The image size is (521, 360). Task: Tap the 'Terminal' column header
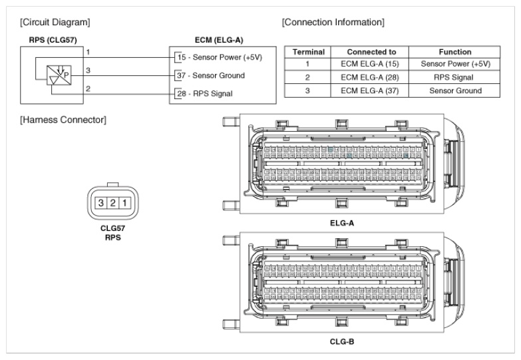click(308, 52)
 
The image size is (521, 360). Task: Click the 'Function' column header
click(455, 52)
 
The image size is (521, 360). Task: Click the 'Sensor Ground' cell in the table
click(455, 90)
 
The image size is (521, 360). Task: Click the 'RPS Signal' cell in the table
click(455, 77)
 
